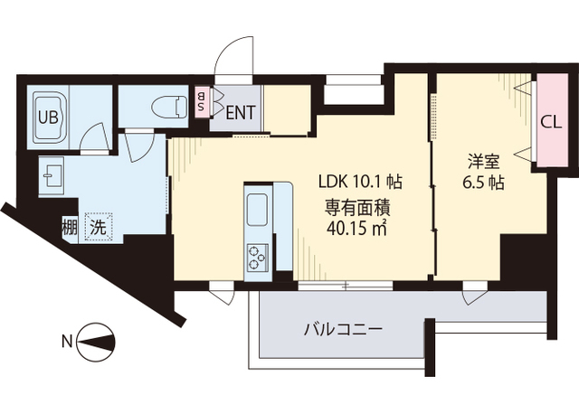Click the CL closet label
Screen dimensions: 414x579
[x=549, y=121]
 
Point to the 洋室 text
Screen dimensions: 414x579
[x=483, y=162]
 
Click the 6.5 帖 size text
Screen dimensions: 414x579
[x=483, y=182]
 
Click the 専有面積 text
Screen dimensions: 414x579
[x=360, y=204]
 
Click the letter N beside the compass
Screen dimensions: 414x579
[x=66, y=342]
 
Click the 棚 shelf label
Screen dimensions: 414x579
[x=70, y=227]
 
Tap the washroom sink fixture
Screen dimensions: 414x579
[x=51, y=174]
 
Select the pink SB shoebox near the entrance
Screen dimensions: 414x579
[x=202, y=101]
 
